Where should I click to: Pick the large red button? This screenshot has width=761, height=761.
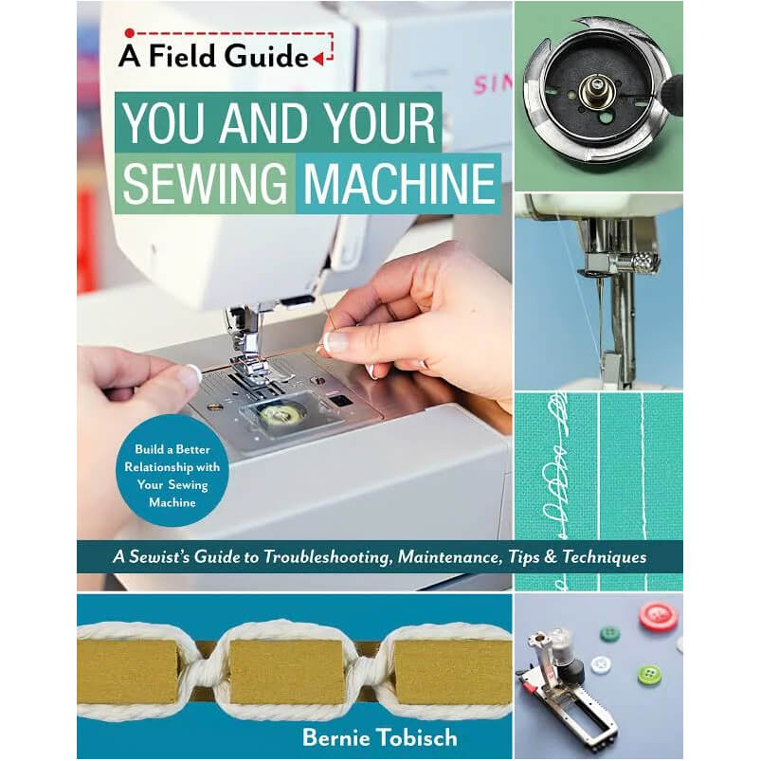coord(658,616)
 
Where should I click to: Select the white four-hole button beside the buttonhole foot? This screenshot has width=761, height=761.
coord(600,664)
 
